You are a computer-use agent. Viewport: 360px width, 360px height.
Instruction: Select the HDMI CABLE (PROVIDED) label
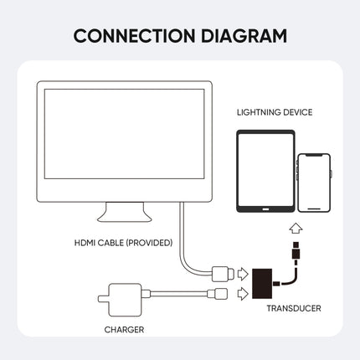tap(123, 243)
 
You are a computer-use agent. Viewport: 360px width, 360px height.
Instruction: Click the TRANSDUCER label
tap(293, 308)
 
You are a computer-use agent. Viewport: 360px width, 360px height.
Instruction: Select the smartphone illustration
tap(313, 182)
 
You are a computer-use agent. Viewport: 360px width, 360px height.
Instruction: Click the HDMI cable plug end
tap(222, 273)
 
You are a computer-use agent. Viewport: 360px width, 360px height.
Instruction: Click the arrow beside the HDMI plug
tap(243, 273)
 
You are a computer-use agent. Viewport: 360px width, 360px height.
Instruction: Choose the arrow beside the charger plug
tap(243, 293)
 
